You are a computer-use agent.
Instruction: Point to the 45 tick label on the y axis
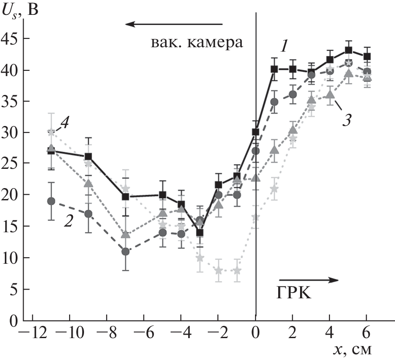click(x=12, y=39)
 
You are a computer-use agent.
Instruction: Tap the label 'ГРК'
click(x=294, y=293)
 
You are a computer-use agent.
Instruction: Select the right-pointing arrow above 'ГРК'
click(x=309, y=279)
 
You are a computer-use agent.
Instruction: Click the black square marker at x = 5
click(x=349, y=50)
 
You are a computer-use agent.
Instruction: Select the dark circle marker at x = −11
click(x=51, y=201)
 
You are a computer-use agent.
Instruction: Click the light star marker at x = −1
click(x=237, y=270)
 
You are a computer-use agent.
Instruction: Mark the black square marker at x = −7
click(x=126, y=197)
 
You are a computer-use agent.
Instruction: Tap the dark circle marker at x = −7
click(x=126, y=252)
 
